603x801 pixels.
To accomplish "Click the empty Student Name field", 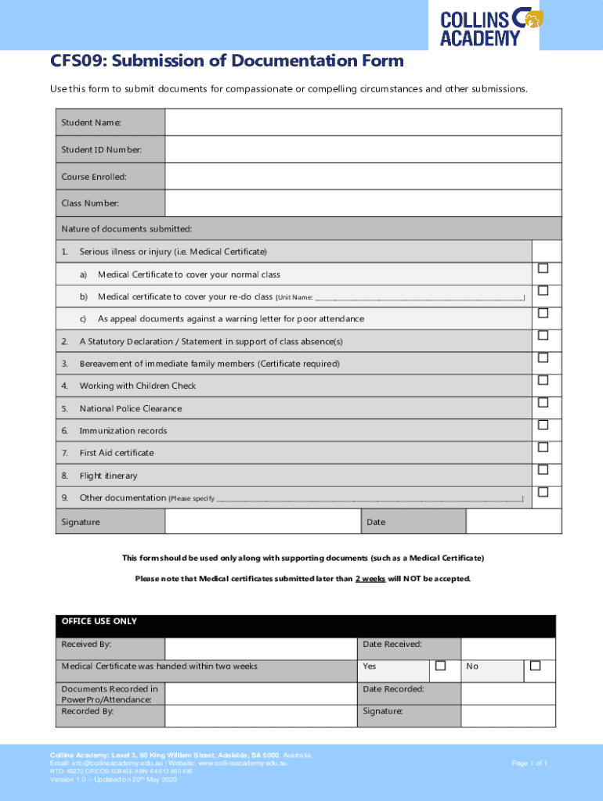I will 363,123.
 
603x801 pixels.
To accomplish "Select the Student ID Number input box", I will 363,149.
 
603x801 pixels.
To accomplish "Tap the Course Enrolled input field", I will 363,176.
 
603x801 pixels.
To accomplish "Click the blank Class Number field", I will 363,203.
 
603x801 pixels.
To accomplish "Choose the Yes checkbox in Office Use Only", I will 440,666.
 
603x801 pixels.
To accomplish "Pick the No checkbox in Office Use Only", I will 536,666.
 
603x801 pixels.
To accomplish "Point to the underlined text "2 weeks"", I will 370,579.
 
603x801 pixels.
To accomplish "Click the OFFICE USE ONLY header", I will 99,621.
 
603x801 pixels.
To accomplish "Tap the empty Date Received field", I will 507,648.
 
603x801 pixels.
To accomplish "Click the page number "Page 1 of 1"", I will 529,763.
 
